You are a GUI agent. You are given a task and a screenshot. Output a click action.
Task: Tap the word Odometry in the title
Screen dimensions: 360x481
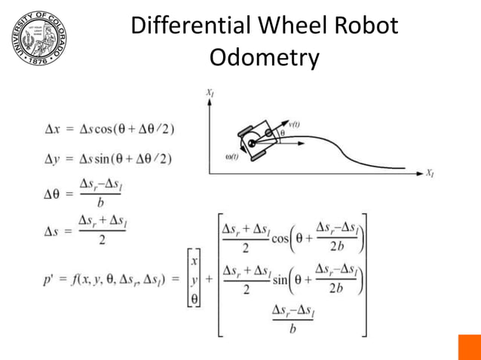(264, 57)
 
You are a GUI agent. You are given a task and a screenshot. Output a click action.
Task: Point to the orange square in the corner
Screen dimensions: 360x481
(469, 347)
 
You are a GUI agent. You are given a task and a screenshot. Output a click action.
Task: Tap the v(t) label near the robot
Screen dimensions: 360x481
(296, 122)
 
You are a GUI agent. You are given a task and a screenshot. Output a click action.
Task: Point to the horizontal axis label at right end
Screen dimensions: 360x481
(430, 173)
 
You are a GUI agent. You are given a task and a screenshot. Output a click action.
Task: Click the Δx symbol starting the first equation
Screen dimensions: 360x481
(52, 128)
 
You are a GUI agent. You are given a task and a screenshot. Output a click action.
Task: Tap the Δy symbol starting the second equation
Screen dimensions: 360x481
(52, 158)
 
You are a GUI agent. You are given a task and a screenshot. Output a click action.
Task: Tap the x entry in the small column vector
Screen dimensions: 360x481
(195, 261)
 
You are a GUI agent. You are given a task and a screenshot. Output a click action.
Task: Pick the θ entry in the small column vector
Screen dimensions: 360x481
(195, 298)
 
